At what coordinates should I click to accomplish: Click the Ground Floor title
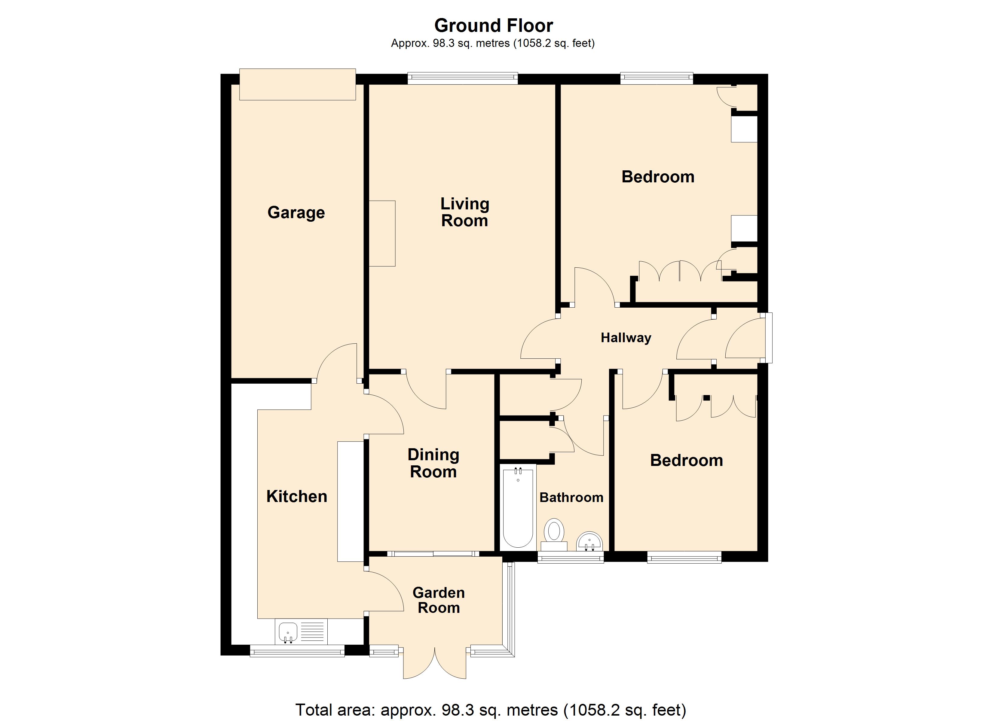[x=493, y=26]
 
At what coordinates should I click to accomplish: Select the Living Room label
[x=464, y=212]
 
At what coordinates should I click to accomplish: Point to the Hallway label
[x=626, y=338]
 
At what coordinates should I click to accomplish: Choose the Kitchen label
[x=297, y=496]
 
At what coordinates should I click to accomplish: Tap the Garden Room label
[x=438, y=600]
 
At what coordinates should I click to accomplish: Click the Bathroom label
[x=571, y=497]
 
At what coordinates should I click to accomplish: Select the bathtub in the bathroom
[x=518, y=507]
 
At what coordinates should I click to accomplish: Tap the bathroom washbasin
[x=589, y=542]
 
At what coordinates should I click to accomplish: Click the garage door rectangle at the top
[x=297, y=84]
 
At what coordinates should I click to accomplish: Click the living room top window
[x=462, y=78]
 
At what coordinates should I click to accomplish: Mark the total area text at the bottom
[x=491, y=710]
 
